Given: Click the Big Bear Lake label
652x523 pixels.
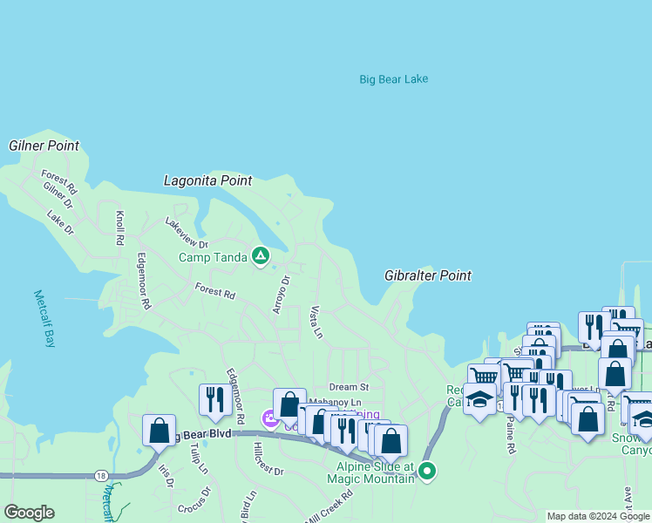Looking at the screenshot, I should [393, 79].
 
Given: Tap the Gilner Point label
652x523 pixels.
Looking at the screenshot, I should [44, 146].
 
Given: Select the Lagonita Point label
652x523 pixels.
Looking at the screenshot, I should [207, 180].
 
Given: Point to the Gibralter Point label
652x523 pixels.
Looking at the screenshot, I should [427, 275].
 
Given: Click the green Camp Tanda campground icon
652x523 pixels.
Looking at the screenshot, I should [260, 255].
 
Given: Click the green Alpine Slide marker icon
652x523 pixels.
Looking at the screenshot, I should [426, 472].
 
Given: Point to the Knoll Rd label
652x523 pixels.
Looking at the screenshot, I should [119, 227].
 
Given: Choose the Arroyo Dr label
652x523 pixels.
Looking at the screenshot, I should [280, 295].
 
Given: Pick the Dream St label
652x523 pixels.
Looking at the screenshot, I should [349, 387].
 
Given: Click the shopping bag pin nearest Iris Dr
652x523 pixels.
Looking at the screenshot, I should [159, 431].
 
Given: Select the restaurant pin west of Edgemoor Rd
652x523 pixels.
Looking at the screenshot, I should [212, 400].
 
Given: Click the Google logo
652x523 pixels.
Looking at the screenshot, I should [29, 513].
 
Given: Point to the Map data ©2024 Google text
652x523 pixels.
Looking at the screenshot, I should [598, 516].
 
